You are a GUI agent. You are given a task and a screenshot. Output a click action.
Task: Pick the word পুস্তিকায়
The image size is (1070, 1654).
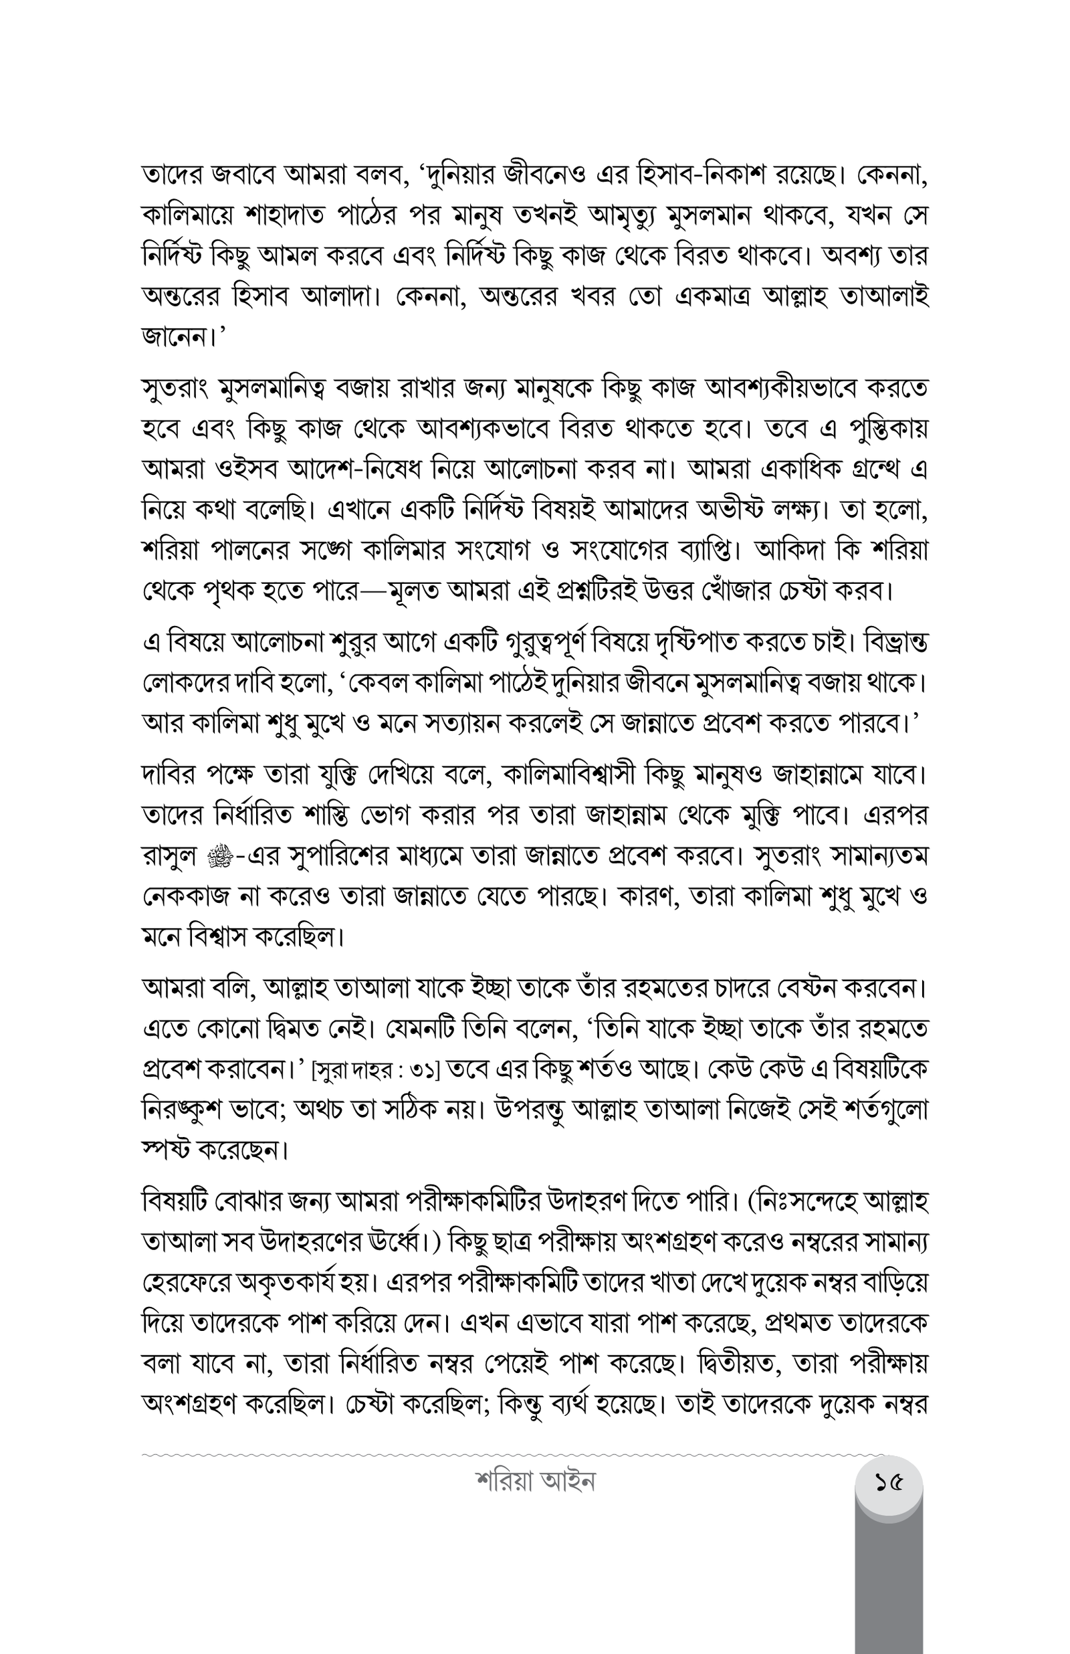coord(888,429)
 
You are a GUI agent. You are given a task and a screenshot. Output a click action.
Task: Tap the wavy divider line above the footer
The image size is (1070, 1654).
coord(486,1454)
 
